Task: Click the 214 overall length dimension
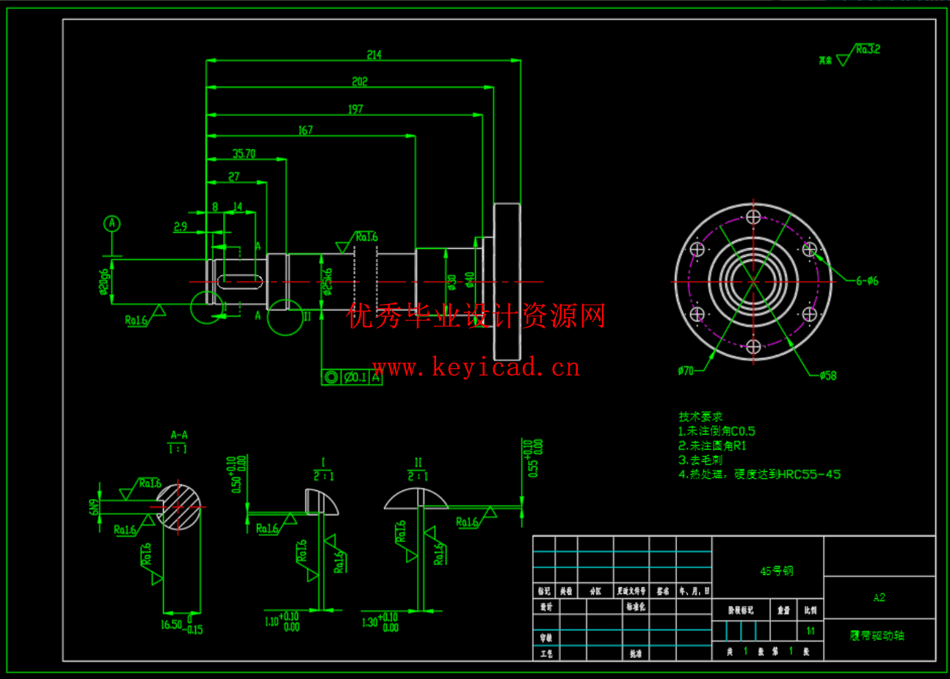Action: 374,55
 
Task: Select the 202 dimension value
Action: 359,81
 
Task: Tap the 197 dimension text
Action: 355,109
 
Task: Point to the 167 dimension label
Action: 305,130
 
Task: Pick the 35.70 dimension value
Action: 244,153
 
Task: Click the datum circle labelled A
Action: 112,223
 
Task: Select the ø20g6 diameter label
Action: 104,282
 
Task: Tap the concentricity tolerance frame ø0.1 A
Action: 352,377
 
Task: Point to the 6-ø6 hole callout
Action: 866,280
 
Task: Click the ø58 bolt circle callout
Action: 828,376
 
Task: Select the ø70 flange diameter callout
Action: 686,371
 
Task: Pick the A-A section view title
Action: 178,435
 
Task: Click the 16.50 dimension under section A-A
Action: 171,625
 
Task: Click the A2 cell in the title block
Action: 879,598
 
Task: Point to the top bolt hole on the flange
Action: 753,217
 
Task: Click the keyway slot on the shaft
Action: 239,280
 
